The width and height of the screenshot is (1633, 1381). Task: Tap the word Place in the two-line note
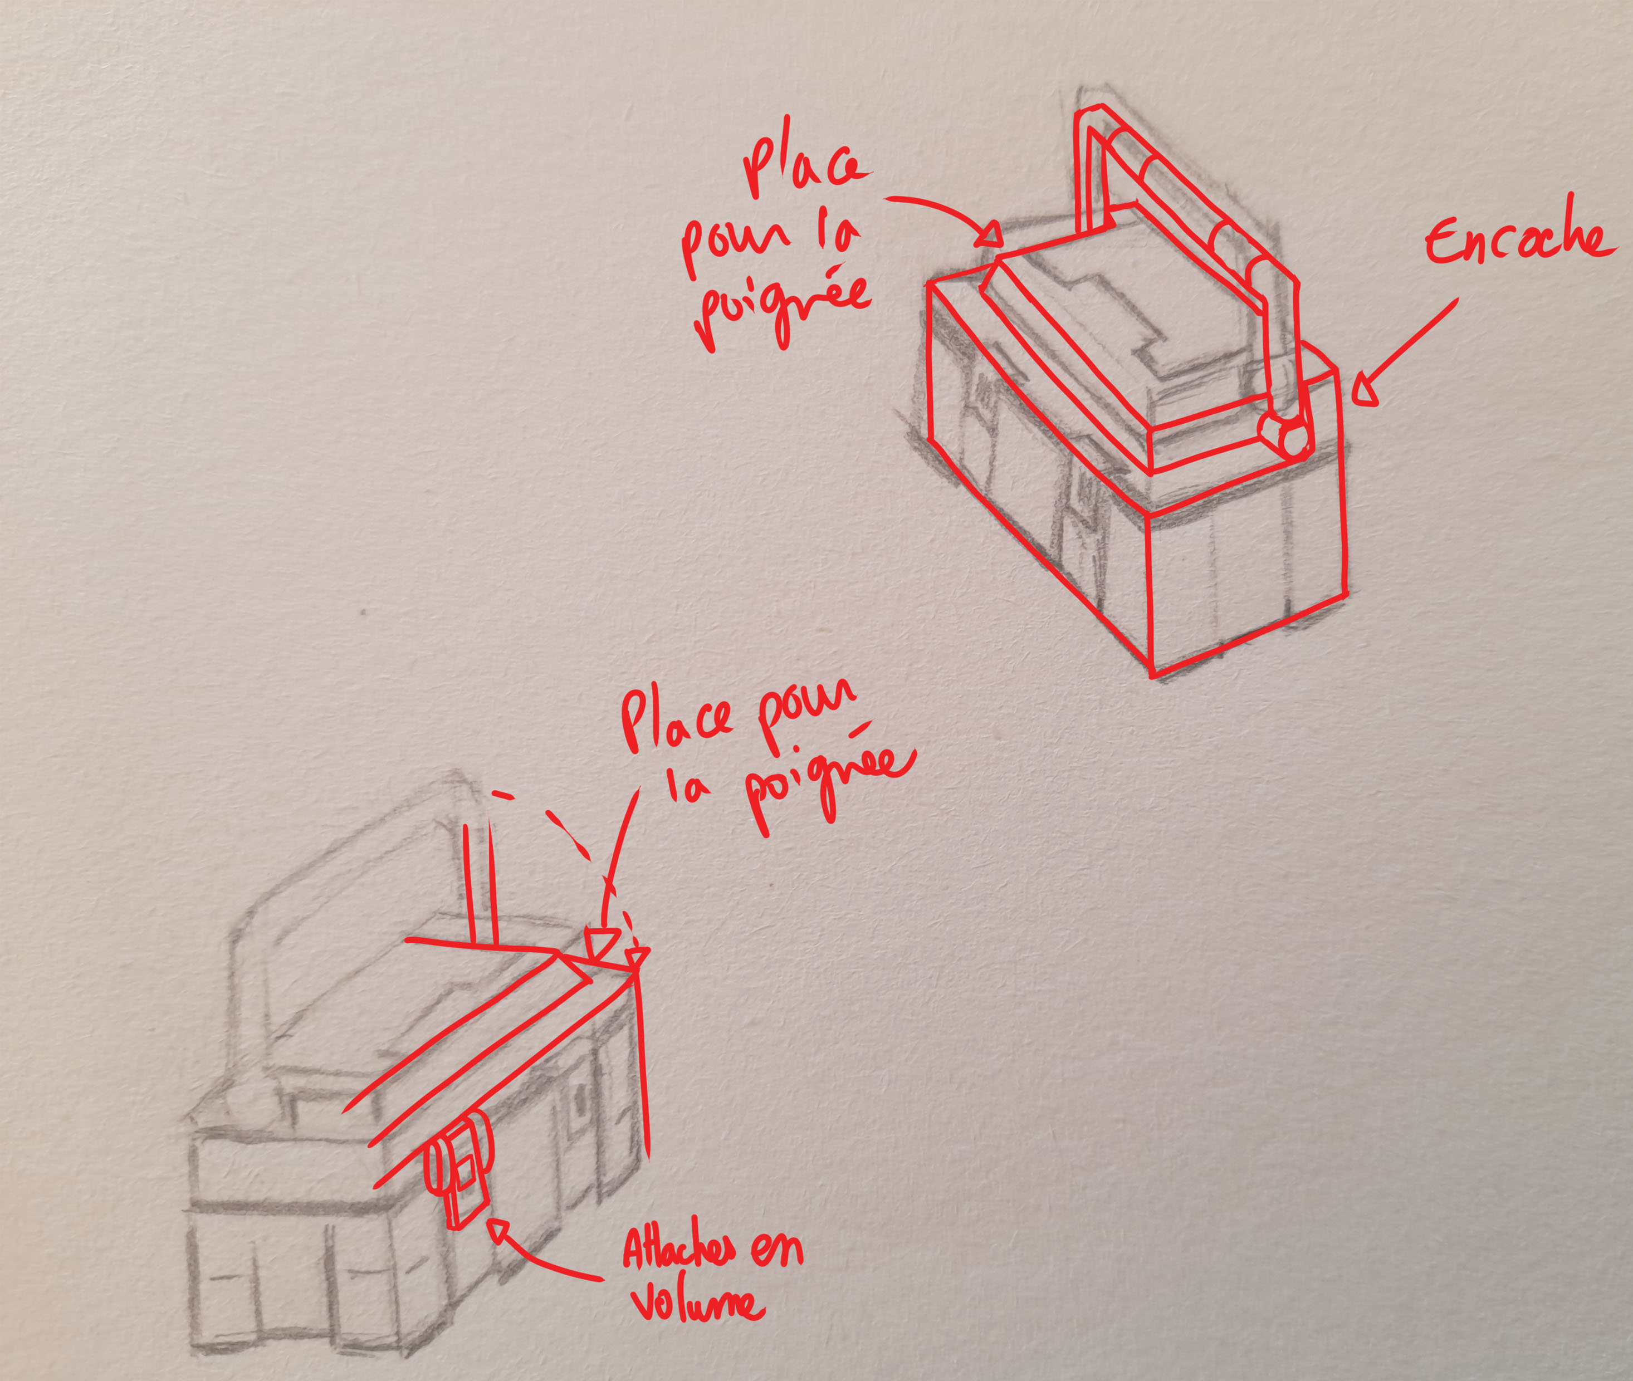[678, 721]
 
